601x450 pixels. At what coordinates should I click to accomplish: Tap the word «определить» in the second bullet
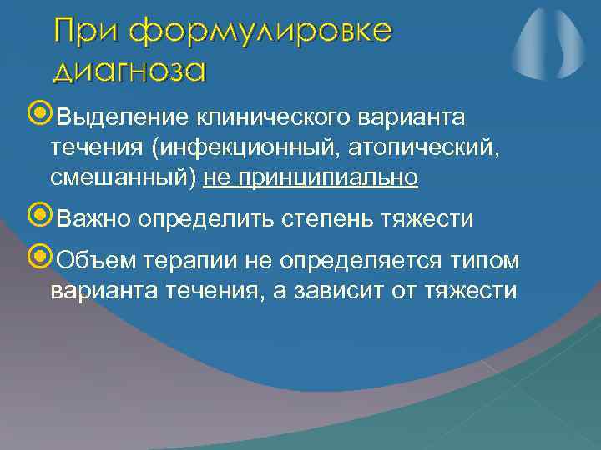coord(207,219)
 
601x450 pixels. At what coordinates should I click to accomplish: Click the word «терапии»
coord(184,261)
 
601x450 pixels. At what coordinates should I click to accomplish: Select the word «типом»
coord(484,261)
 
